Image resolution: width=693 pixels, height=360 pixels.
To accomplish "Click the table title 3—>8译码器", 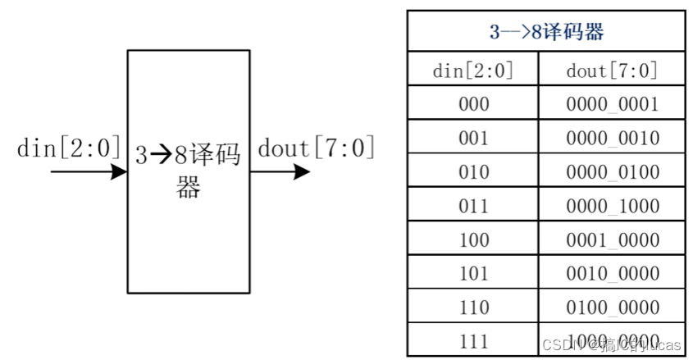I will point(545,33).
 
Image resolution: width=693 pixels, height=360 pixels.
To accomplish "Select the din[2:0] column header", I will point(473,71).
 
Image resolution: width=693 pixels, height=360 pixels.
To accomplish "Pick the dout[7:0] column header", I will point(612,71).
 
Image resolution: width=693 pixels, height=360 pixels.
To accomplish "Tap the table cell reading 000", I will point(473,104).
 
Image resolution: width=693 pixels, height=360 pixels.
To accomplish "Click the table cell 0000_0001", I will point(612,104).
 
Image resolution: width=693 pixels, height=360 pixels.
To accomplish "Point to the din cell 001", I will point(473,138).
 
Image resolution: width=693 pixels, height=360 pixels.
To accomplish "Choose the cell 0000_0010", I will point(612,138).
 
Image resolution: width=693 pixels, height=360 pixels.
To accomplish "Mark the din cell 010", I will point(473,172).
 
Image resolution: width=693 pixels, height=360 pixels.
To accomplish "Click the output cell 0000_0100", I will point(612,172).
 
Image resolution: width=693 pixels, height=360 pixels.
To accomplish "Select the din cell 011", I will point(473,206).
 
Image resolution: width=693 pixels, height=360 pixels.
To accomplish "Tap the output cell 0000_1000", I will point(612,206).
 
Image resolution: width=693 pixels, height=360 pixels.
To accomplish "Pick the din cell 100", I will point(473,239).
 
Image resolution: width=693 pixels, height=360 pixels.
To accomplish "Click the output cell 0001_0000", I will point(612,239).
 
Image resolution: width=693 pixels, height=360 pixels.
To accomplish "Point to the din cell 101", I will point(473,273).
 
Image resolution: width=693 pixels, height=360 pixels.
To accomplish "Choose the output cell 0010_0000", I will point(612,273).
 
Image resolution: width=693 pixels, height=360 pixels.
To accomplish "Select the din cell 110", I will point(473,308).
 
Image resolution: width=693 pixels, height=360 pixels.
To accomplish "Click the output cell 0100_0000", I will point(612,308).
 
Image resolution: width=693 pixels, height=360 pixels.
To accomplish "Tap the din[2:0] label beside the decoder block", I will point(69,149).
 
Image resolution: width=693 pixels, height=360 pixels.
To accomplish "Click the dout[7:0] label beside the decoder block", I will point(316,149).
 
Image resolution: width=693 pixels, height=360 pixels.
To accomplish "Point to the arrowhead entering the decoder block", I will point(118,172).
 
